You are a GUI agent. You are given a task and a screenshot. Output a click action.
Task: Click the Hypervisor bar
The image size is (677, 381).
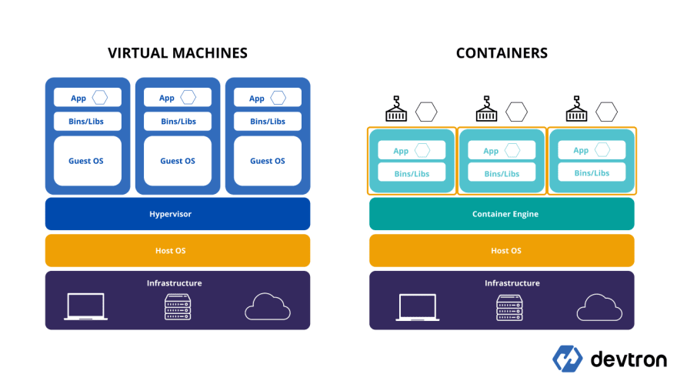coord(178,214)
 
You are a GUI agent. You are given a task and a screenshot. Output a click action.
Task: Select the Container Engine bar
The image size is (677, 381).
coord(502,214)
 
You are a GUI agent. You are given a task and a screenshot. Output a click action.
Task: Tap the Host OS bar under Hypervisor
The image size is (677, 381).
coord(178,251)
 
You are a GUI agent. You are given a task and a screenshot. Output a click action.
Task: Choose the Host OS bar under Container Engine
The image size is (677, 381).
coord(502,251)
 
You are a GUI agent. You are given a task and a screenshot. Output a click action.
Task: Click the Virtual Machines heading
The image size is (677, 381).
coord(178,53)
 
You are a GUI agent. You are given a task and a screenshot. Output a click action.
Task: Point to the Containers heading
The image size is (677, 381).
coord(502,53)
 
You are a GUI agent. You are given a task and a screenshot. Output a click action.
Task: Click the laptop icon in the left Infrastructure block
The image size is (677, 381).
coord(86,306)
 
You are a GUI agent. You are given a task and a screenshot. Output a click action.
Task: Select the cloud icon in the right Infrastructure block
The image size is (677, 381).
coord(599,307)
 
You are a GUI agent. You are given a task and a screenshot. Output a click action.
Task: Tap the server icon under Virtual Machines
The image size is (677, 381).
coord(178,307)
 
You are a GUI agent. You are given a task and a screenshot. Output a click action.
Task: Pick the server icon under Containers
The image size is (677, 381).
coord(509,308)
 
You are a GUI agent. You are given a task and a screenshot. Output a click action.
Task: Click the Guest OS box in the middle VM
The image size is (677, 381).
coord(178,161)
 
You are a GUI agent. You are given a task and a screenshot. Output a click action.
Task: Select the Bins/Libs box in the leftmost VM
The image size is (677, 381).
coord(88,122)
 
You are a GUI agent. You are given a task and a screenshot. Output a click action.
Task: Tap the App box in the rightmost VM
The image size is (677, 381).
coord(268,98)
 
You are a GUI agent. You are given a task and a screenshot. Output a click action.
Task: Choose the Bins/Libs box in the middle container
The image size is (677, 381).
coord(502,172)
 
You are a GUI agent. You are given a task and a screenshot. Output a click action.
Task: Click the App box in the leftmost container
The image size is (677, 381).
coord(412,150)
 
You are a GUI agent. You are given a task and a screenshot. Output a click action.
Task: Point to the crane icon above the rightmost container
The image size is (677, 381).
coord(576,109)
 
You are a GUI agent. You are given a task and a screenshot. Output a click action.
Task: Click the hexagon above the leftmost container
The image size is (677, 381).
coord(426,112)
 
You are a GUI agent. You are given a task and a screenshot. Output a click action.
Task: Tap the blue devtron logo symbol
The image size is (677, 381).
coord(567,359)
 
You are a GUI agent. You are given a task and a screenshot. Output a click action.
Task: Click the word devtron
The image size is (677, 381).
coord(629,359)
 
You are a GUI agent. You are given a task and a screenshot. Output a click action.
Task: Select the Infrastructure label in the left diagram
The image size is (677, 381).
coord(175,283)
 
